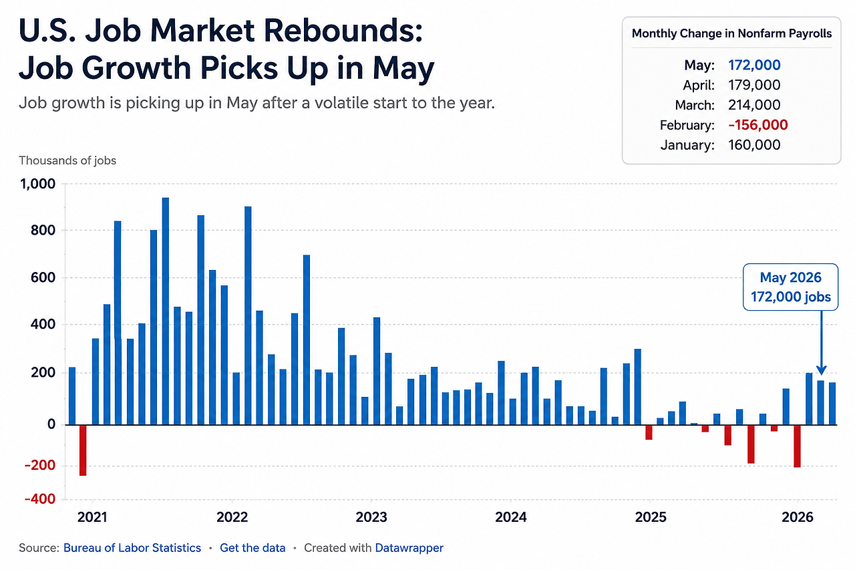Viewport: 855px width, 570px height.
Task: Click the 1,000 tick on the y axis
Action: click(x=37, y=184)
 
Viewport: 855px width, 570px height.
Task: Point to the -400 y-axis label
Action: click(x=40, y=499)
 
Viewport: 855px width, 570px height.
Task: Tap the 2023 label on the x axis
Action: click(x=371, y=517)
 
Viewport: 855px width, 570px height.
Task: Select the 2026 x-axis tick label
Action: click(x=798, y=517)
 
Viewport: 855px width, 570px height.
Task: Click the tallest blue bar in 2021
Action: click(x=165, y=311)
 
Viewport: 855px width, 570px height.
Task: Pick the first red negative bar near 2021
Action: click(x=83, y=450)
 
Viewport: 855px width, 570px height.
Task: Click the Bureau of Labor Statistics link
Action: click(x=132, y=548)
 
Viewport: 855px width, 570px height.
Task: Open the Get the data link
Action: click(x=252, y=548)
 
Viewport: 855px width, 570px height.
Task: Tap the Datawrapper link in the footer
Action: click(x=409, y=548)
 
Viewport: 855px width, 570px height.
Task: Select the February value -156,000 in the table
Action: click(x=758, y=125)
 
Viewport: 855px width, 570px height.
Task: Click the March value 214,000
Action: click(x=754, y=105)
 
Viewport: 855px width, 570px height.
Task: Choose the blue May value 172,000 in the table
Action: click(x=754, y=65)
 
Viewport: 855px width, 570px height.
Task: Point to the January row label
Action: click(x=687, y=145)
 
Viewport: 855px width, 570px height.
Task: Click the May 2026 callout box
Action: click(x=790, y=287)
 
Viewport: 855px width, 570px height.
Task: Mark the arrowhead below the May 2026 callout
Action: click(x=822, y=370)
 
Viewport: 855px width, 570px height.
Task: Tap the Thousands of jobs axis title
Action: click(x=67, y=160)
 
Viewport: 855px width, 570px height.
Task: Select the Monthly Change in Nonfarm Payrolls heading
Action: click(x=731, y=33)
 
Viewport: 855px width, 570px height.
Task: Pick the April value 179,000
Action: click(x=754, y=85)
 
